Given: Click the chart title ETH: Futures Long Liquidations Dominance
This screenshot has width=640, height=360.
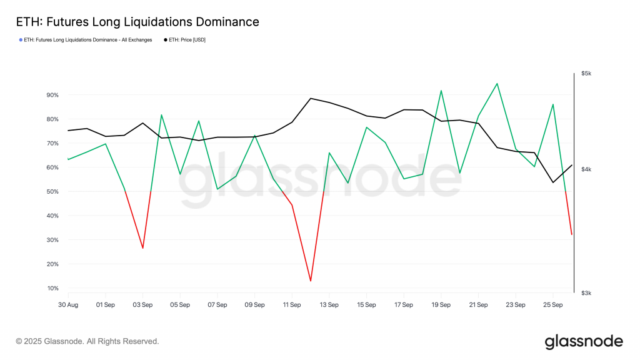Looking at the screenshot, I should (x=137, y=22).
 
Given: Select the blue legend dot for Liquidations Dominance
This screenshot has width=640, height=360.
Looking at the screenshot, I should (x=21, y=40).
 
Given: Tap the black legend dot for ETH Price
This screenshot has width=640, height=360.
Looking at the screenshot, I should (x=166, y=40).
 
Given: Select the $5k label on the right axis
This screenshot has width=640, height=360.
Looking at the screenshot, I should (x=586, y=74).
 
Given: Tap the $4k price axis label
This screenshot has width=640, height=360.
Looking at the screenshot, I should (x=586, y=169).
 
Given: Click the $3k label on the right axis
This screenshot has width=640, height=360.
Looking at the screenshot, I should (x=586, y=293).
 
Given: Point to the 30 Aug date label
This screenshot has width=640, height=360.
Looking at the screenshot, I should (x=68, y=306).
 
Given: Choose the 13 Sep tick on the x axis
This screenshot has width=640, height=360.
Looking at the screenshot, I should (x=329, y=306).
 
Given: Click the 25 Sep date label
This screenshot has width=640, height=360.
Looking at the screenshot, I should (x=553, y=306).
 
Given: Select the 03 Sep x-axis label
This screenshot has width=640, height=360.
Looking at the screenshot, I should (x=143, y=306).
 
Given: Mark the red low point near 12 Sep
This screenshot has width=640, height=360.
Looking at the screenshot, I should (x=311, y=281).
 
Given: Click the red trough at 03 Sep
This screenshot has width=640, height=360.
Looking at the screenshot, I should (x=143, y=248).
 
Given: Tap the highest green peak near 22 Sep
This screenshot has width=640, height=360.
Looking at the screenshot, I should (x=497, y=83).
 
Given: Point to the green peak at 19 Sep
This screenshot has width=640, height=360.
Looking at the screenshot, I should (x=441, y=91).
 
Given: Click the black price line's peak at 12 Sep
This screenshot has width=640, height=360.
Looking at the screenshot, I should (x=311, y=98).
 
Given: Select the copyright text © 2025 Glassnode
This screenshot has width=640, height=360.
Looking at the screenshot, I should (x=87, y=341).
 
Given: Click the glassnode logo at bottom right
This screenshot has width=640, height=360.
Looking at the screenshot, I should (x=584, y=341).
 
